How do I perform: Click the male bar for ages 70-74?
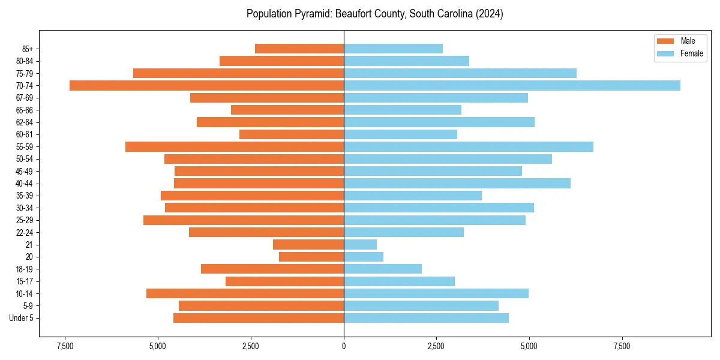tap(206, 85)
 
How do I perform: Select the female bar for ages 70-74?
tap(512, 85)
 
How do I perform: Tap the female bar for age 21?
tap(360, 244)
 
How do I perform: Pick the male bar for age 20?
tap(311, 257)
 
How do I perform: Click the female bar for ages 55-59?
tap(469, 146)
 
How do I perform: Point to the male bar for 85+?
tap(299, 49)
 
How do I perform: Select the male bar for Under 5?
tap(259, 318)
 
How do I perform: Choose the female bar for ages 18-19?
tap(383, 269)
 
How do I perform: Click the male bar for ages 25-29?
tap(244, 220)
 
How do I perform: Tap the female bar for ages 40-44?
tap(457, 183)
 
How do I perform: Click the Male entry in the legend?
tap(688, 41)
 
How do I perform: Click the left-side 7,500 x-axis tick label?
tap(65, 347)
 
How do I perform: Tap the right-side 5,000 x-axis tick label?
tap(529, 347)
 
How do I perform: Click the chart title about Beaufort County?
tap(374, 14)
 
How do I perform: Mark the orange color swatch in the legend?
tap(665, 41)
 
